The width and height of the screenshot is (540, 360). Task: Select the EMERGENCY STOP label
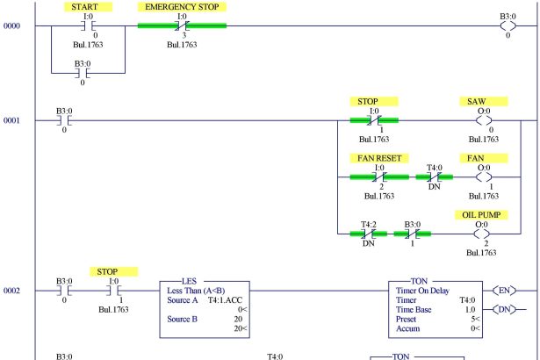click(182, 6)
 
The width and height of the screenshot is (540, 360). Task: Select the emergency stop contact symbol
click(182, 25)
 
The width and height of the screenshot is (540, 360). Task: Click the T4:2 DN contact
click(367, 234)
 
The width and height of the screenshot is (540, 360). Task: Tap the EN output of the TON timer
click(505, 289)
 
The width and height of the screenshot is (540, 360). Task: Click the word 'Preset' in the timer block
click(407, 318)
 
